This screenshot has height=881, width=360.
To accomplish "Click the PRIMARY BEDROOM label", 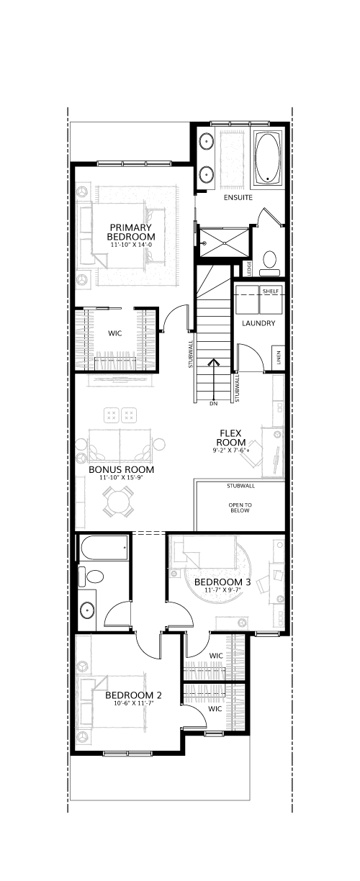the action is coord(131,232).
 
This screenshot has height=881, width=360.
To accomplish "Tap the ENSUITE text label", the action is coord(238,197).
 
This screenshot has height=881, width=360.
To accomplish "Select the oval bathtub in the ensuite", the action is coord(269,158).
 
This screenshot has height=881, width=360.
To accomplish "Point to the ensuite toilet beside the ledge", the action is coord(269,262).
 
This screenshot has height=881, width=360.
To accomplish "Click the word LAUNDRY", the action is coord(258,323).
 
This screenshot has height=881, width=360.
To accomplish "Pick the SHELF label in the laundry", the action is coord(271,291).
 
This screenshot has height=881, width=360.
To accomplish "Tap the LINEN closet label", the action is coord(279,358).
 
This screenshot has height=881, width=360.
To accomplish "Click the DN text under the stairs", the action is coord(214,404).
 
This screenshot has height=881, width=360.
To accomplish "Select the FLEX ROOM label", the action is coord(233,438).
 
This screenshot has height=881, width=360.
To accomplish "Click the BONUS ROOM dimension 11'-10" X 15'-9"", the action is coord(121,478).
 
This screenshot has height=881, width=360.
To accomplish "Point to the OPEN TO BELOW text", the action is coord(240,507).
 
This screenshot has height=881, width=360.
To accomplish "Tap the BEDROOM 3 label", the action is coord(222,582).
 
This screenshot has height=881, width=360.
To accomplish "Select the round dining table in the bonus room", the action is coord(118,501).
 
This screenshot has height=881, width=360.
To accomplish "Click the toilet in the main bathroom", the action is coord(91,577).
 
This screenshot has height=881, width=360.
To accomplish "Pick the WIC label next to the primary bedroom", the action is coord(115,333).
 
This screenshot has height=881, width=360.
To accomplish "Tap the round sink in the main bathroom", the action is coord(87,610).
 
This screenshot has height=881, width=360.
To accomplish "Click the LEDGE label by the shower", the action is coord(248,269).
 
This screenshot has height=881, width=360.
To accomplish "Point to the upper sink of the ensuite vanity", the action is coord(206,140).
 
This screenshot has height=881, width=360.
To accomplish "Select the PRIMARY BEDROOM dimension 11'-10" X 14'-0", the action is coord(131,245).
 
